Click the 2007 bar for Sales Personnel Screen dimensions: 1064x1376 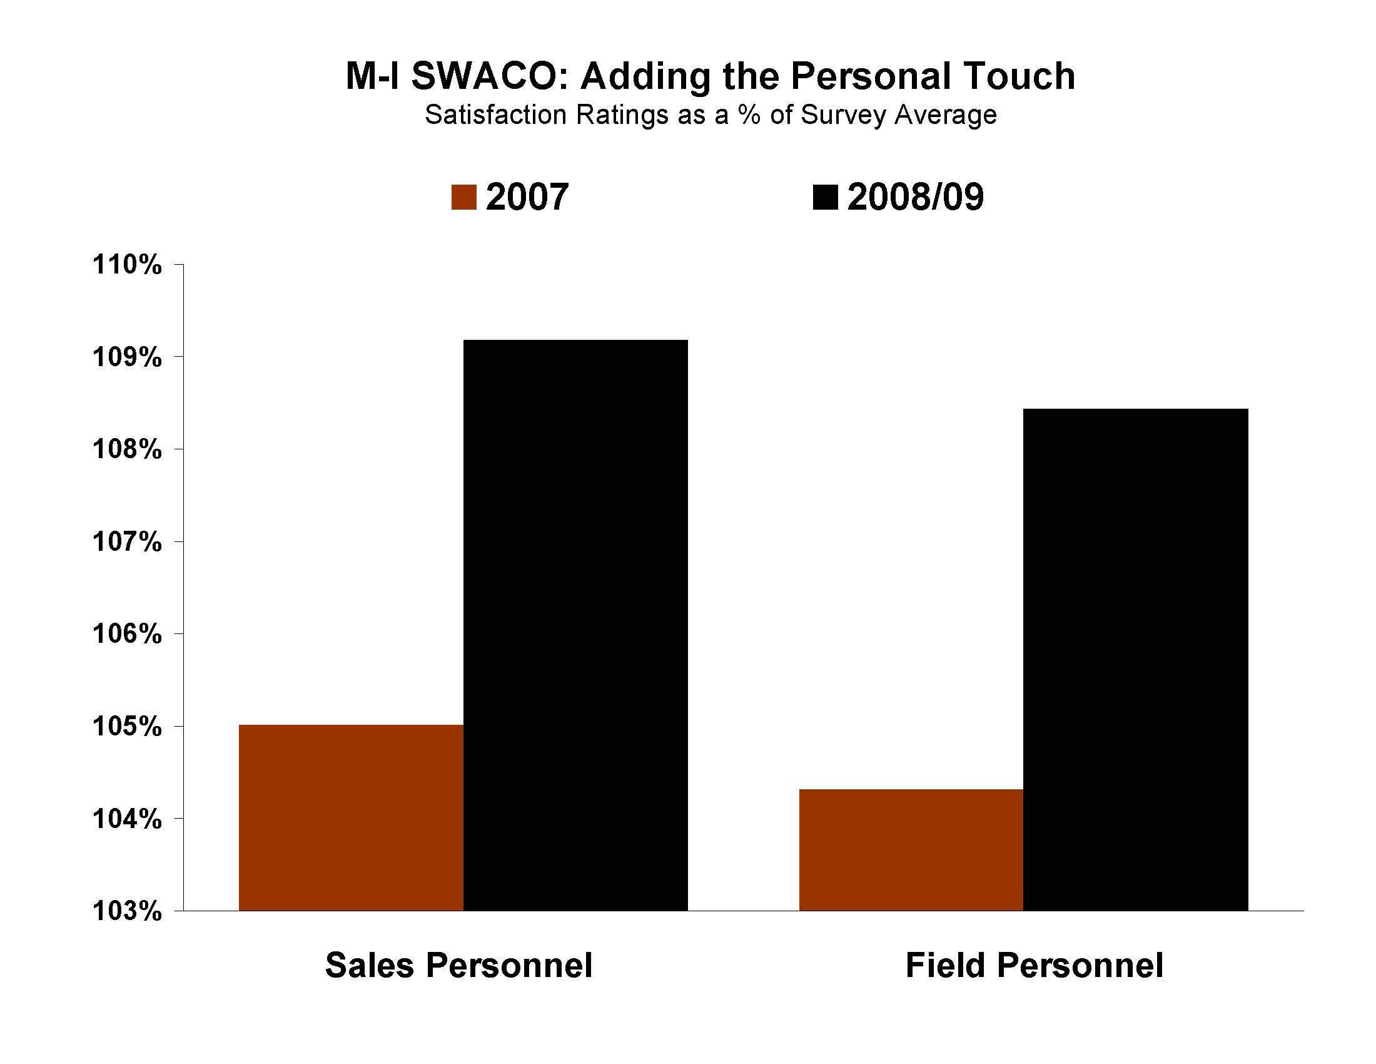[x=351, y=817]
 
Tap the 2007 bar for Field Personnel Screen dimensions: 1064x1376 [x=911, y=850]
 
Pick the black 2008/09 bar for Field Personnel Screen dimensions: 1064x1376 [x=1135, y=659]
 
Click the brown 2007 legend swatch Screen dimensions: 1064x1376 [x=463, y=197]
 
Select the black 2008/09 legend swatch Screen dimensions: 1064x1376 [x=826, y=197]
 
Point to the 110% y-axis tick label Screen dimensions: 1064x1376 [x=127, y=265]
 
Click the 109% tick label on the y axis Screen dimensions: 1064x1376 [x=127, y=357]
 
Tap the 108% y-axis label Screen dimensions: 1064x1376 [x=127, y=449]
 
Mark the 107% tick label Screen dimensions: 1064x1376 [x=127, y=541]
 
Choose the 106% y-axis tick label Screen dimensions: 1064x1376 [x=127, y=633]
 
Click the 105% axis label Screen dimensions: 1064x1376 [x=127, y=727]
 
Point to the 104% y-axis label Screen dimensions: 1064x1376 [x=127, y=819]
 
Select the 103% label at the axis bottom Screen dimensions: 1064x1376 [x=127, y=911]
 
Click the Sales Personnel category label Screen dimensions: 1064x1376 [x=458, y=965]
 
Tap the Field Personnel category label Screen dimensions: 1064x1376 [x=1034, y=965]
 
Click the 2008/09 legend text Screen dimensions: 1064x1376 [x=915, y=197]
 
